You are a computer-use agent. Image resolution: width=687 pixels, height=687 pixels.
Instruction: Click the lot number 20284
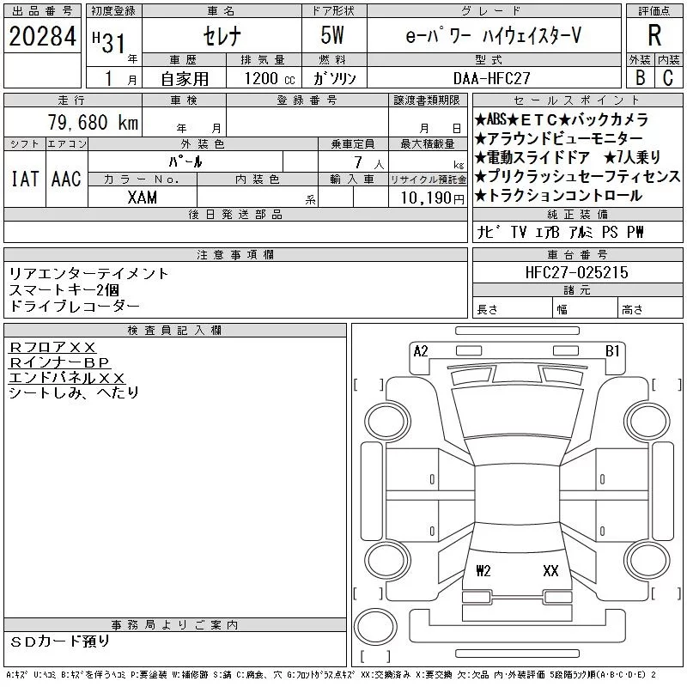(x=42, y=37)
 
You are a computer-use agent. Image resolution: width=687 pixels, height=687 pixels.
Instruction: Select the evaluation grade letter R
(x=654, y=36)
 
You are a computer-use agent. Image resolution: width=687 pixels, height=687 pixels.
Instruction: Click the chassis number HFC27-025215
(x=577, y=272)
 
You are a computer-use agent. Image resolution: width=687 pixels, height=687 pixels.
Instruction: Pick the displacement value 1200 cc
(x=263, y=78)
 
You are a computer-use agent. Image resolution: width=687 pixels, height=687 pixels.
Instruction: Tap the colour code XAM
(x=142, y=197)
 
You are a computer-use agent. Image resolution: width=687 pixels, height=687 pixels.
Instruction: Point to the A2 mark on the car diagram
(x=421, y=351)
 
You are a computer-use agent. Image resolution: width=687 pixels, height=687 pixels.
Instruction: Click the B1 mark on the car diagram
(x=612, y=351)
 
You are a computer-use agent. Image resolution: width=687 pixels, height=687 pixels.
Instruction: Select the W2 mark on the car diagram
(x=483, y=570)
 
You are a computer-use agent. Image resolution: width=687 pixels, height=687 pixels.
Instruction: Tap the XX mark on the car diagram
(x=550, y=570)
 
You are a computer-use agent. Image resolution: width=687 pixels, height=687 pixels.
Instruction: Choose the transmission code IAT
(x=23, y=179)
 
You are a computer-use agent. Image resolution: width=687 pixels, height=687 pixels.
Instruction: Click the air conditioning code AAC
(x=65, y=179)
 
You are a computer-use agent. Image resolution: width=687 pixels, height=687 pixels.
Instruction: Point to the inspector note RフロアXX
(x=52, y=347)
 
